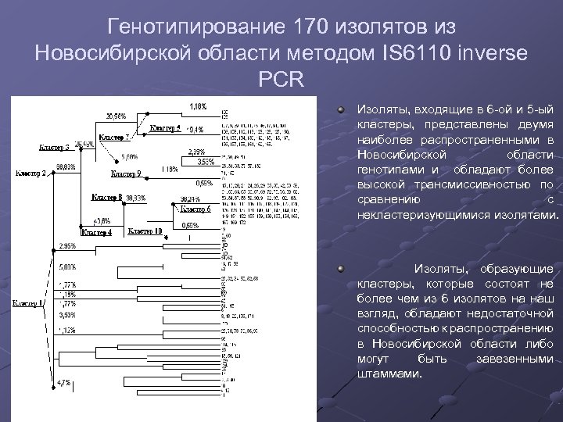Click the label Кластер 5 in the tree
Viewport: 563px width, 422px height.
click(x=165, y=127)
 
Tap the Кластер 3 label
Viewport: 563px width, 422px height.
click(x=56, y=147)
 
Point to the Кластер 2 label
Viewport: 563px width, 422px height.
click(x=33, y=173)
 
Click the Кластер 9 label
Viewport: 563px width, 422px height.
click(x=126, y=173)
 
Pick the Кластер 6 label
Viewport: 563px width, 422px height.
click(x=195, y=209)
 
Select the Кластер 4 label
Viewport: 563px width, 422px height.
click(x=98, y=232)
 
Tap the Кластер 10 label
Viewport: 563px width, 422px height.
click(x=145, y=231)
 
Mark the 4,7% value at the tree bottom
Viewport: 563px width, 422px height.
click(x=63, y=383)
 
